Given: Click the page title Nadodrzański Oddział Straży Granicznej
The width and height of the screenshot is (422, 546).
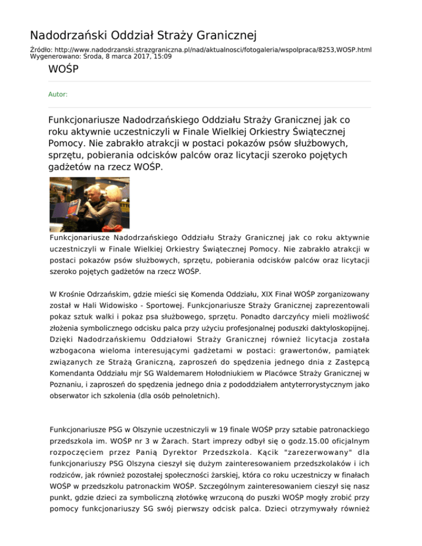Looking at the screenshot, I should (143, 36).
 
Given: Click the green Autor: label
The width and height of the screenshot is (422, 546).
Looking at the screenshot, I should (58, 94).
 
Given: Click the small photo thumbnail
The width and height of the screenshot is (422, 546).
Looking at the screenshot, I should (89, 203).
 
